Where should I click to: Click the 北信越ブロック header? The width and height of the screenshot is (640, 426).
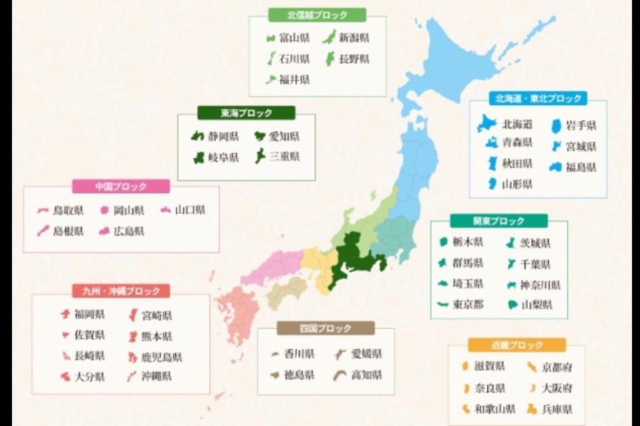[317, 15]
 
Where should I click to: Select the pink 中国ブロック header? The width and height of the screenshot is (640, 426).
[121, 186]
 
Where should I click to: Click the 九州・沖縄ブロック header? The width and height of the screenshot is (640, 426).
[121, 291]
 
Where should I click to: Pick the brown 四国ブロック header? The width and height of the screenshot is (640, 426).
[325, 328]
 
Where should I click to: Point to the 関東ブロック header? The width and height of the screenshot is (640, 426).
[499, 221]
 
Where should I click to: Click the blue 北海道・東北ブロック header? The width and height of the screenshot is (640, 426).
[538, 99]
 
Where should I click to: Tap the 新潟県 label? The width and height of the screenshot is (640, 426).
[354, 38]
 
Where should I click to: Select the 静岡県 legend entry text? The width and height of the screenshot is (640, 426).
[223, 136]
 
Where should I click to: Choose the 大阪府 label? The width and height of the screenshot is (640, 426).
[557, 387]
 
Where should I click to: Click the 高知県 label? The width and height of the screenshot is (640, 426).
[367, 375]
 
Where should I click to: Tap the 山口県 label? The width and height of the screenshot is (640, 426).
[190, 210]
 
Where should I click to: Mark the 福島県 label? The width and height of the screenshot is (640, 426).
[581, 167]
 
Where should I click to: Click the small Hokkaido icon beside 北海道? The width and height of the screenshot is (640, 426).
[487, 124]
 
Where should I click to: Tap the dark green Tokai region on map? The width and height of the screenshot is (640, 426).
[353, 260]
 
